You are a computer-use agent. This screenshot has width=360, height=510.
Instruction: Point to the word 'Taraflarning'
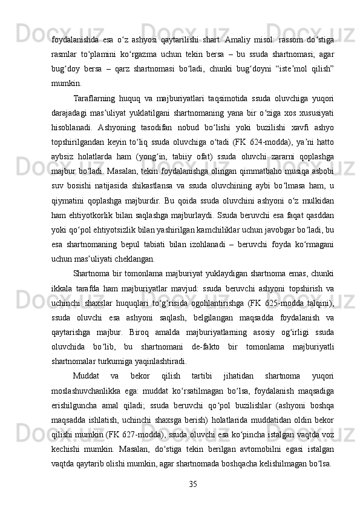93,98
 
